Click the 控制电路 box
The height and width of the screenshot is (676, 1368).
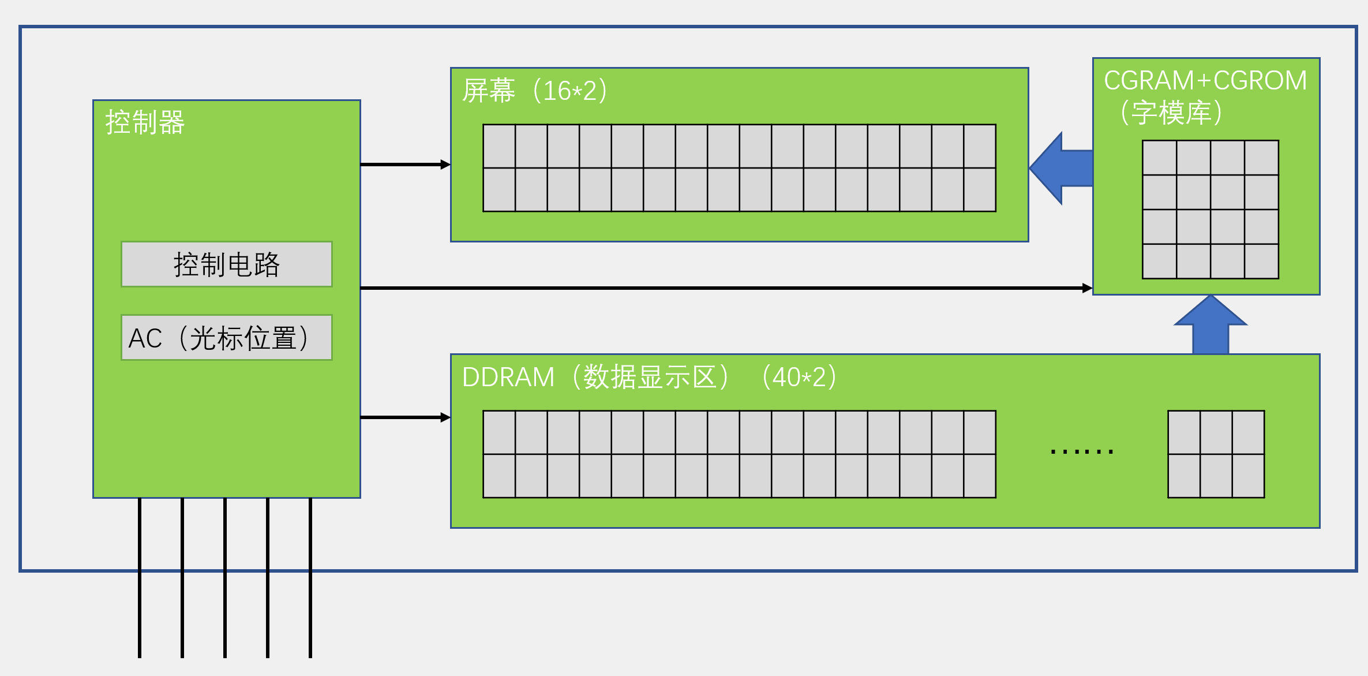pos(226,264)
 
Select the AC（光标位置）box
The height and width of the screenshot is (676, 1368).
pos(226,338)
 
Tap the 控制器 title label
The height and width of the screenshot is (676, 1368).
pos(145,122)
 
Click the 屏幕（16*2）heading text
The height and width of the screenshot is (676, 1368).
pos(534,91)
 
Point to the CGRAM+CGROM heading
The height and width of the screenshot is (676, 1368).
pos(1205,80)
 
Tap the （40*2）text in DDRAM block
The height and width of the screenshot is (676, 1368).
pos(799,377)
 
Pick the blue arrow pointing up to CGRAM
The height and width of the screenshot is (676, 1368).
pos(1210,326)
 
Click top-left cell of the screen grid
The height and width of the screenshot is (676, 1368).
pos(499,146)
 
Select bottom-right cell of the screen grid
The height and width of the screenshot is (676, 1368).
pos(980,189)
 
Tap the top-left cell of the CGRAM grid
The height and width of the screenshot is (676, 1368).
pos(1159,158)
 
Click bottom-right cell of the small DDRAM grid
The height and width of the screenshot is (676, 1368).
pos(1248,476)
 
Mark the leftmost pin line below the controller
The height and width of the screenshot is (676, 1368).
pos(140,577)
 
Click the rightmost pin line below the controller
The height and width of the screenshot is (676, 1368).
pos(310,577)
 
